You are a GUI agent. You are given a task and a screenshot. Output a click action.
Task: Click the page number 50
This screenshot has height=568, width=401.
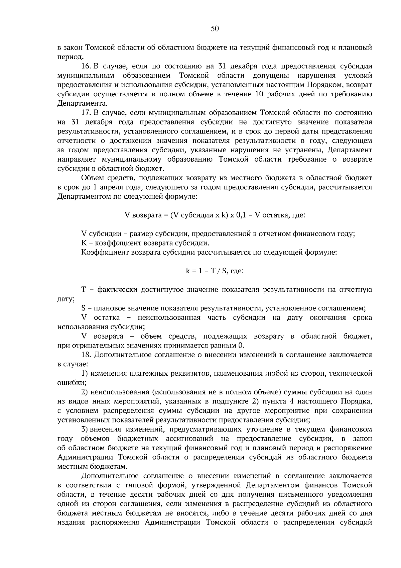click(215, 29)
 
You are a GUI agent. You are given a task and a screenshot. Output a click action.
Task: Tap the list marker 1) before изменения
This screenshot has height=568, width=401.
click(85, 373)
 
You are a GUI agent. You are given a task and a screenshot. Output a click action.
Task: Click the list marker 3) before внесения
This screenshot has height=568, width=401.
click(85, 429)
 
